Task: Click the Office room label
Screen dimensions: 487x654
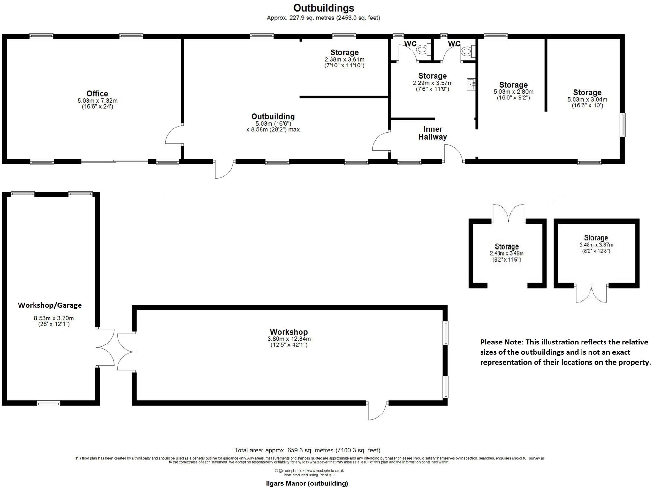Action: [x=97, y=94]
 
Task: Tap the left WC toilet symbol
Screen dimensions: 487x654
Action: [x=422, y=50]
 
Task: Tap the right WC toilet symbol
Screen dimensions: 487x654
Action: [x=467, y=50]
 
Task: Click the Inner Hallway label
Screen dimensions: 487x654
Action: [x=432, y=133]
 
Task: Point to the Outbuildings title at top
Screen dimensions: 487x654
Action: [x=323, y=8]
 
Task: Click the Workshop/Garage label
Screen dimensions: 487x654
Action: [x=50, y=305]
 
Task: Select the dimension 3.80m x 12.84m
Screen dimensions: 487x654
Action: [x=289, y=339]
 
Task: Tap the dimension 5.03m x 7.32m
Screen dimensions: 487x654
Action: [x=97, y=101]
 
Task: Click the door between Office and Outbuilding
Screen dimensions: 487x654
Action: [x=174, y=135]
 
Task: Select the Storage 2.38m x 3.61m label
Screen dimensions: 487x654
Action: [x=344, y=52]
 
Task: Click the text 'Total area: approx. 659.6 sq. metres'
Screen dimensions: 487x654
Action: [x=307, y=450]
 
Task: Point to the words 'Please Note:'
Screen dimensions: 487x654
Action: [x=501, y=342]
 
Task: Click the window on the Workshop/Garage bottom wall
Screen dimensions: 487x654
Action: [x=48, y=404]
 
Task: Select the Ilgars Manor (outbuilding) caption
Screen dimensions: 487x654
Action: [x=307, y=483]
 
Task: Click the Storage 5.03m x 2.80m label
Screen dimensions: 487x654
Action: [x=513, y=85]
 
